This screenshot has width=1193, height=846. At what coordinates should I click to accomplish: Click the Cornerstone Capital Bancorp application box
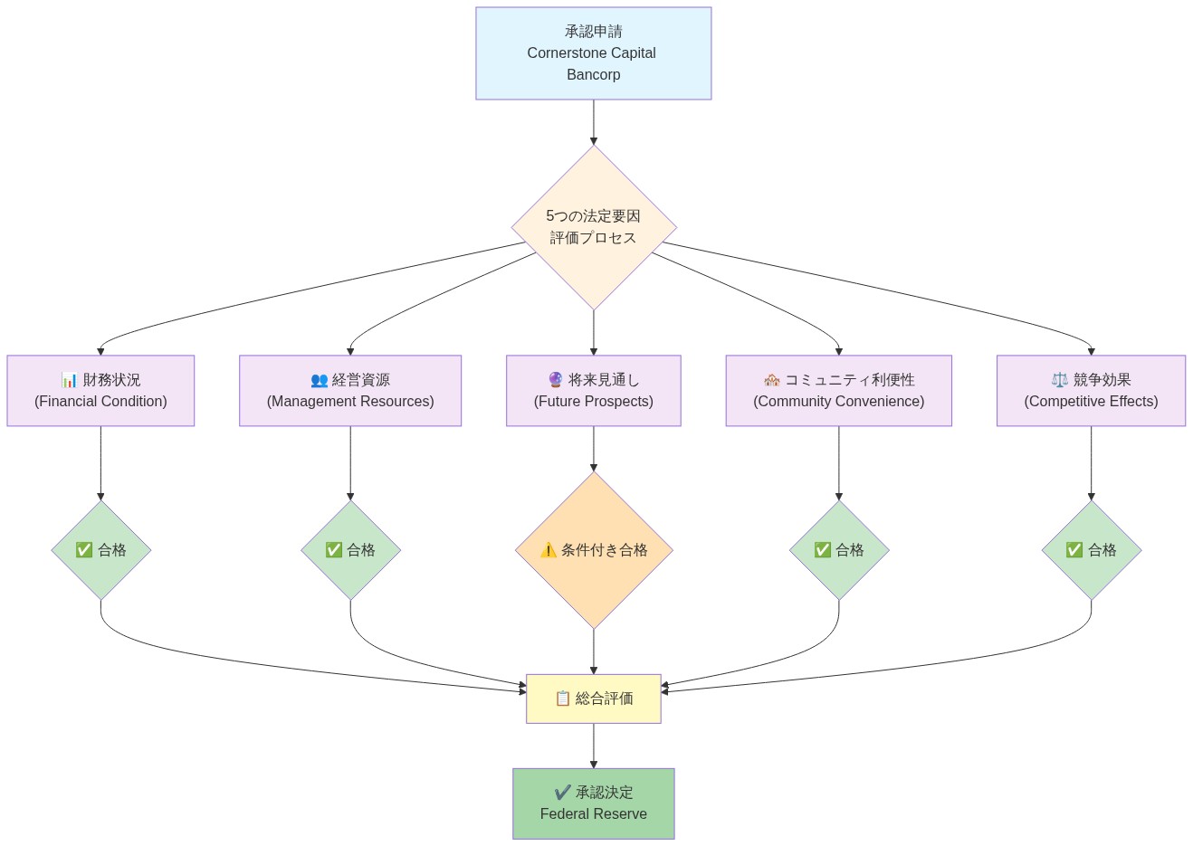(x=593, y=53)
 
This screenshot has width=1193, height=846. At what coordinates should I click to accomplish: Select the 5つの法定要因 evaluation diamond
(x=593, y=227)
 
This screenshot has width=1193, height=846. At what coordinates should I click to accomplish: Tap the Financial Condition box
(x=100, y=391)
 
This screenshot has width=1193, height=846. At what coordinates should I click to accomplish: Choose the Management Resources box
(x=350, y=391)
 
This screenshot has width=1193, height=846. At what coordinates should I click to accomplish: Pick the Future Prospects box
(x=593, y=391)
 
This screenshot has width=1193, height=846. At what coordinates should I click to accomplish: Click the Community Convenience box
(x=838, y=391)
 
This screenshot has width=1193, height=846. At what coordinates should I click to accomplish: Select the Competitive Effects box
(x=1091, y=391)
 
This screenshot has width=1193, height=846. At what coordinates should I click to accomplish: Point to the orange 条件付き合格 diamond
(x=593, y=550)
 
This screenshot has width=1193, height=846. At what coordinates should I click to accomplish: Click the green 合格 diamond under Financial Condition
(x=100, y=550)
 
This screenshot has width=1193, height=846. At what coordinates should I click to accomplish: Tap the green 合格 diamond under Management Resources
(x=350, y=550)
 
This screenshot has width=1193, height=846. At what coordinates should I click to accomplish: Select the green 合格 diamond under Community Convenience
(x=838, y=550)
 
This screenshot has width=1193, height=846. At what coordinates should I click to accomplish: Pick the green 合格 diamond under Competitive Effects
(x=1091, y=550)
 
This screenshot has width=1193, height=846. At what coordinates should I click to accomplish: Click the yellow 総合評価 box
(x=593, y=699)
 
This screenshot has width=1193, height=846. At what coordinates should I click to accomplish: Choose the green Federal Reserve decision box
(x=593, y=803)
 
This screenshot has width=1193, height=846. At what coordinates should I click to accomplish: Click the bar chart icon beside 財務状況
(x=69, y=380)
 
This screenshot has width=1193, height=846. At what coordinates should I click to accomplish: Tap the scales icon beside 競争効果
(x=1059, y=380)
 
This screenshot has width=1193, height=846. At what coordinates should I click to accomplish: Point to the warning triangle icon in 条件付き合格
(x=549, y=550)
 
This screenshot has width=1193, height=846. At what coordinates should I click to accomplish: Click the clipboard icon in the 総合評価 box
(x=563, y=699)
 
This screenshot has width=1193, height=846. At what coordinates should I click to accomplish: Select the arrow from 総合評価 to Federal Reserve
(x=593, y=746)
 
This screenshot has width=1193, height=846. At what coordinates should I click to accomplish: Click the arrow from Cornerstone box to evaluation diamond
(x=593, y=122)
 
